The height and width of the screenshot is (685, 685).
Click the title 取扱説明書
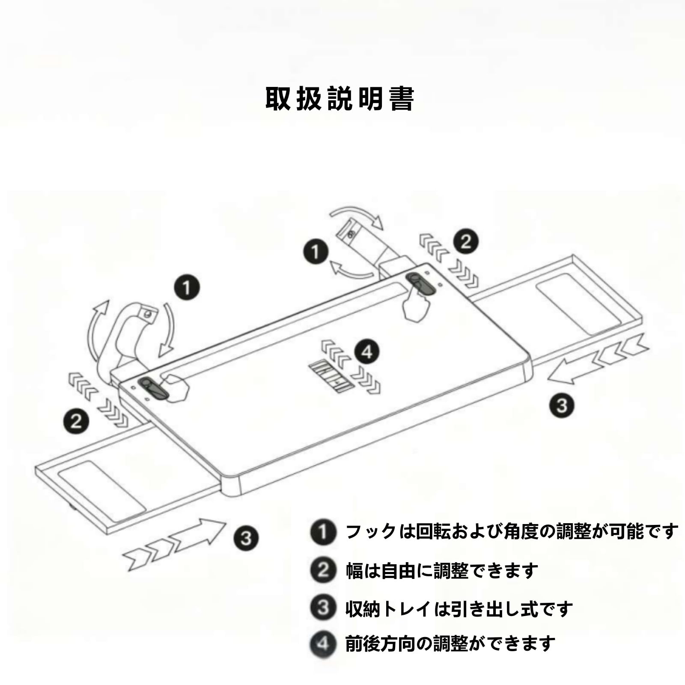[x=340, y=99]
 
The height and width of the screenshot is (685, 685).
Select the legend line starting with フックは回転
[x=512, y=532]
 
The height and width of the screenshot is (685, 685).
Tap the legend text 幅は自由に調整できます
[x=442, y=570]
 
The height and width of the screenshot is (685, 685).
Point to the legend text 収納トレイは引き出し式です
[x=459, y=609]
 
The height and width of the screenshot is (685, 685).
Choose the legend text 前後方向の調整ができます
[x=450, y=644]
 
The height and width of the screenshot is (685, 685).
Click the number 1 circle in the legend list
[x=323, y=532]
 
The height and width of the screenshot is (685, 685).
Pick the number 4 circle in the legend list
[x=323, y=644]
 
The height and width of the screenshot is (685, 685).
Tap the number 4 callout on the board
[x=367, y=352]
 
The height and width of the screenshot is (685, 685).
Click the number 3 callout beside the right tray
[x=562, y=405]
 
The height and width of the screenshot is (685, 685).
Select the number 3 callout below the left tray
[x=246, y=538]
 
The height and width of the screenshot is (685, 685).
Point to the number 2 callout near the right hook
[x=466, y=241]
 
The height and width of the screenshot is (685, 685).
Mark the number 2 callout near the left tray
[x=77, y=420]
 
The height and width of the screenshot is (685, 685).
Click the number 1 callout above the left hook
[x=187, y=287]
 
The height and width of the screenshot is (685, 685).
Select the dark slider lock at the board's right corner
[x=421, y=284]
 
